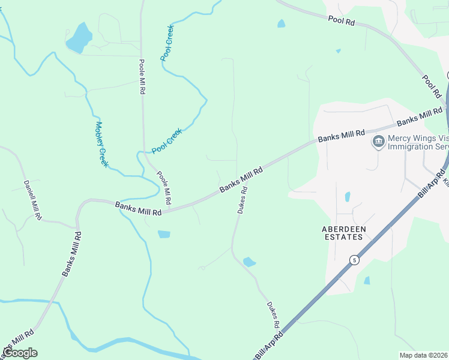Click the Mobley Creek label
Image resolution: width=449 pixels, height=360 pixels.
101,145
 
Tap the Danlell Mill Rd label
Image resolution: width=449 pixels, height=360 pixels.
32,199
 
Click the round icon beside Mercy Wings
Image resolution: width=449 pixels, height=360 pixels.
378,142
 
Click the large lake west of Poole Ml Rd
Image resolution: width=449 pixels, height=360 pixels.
79,38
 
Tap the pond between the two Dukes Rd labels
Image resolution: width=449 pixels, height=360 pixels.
249,262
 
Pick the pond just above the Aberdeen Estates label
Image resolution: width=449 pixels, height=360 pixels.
348,196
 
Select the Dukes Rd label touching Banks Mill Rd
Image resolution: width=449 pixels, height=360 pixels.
242,200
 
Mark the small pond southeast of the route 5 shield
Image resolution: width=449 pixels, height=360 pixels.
367,280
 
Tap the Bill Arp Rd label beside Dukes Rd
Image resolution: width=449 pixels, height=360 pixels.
268,346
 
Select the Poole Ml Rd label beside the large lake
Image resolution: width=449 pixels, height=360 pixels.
142,77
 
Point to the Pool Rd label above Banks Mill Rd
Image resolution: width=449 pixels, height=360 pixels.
431,86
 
